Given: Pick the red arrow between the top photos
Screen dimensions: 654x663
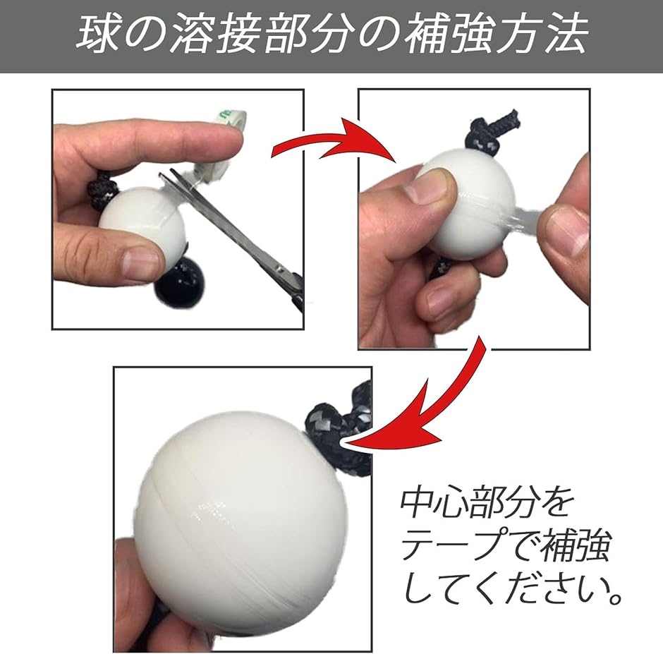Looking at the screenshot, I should click(331, 145).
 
